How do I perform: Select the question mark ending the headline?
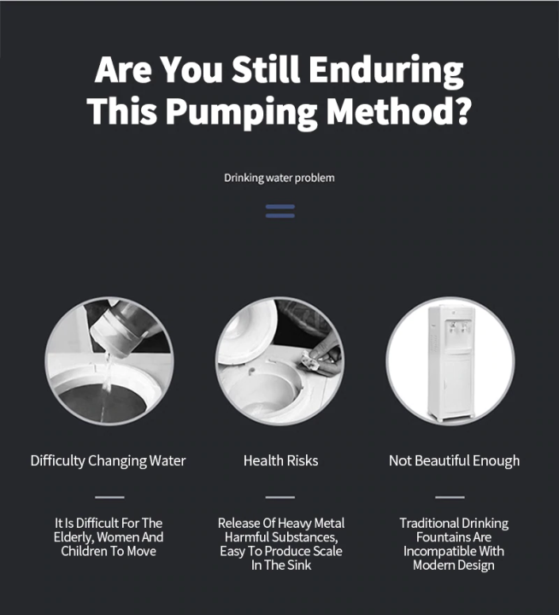click(x=460, y=110)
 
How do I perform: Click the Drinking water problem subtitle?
click(x=279, y=179)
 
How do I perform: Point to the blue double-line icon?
click(x=279, y=211)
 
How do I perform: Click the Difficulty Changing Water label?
click(x=109, y=461)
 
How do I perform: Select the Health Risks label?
click(x=280, y=461)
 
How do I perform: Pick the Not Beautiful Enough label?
click(x=454, y=461)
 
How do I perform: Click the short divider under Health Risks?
click(x=279, y=496)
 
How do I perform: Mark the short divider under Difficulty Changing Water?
click(x=109, y=496)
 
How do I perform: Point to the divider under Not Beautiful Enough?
click(x=450, y=496)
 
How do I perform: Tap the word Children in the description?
click(x=86, y=552)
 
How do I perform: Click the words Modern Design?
click(x=454, y=565)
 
